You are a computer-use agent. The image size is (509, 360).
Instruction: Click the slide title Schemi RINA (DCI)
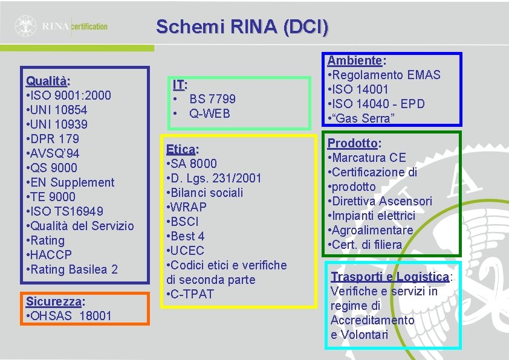pyautogui.click(x=242, y=27)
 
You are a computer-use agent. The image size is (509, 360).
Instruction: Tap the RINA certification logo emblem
pyautogui.click(x=26, y=26)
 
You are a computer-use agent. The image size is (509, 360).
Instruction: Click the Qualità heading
pyautogui.click(x=48, y=81)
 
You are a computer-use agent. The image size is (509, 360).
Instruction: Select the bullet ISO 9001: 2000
pyautogui.click(x=68, y=95)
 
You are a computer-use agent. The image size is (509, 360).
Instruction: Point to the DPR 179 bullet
pyautogui.click(x=53, y=139)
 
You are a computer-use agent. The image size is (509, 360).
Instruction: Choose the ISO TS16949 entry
pyautogui.click(x=65, y=211)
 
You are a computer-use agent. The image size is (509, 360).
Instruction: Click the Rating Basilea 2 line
pyautogui.click(x=72, y=269)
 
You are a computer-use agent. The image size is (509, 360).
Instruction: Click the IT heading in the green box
pyautogui.click(x=180, y=85)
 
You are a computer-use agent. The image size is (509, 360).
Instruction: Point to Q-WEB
pyautogui.click(x=209, y=114)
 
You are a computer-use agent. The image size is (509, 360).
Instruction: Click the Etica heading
pyautogui.click(x=182, y=149)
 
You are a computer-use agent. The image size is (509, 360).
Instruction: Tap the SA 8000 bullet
pyautogui.click(x=191, y=164)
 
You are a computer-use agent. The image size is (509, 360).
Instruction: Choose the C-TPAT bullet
pyautogui.click(x=191, y=294)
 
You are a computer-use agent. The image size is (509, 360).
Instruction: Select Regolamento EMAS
pyautogui.click(x=384, y=75)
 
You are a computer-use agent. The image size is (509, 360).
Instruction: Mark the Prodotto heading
pyautogui.click(x=354, y=143)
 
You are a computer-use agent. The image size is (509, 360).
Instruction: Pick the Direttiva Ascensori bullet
pyautogui.click(x=380, y=201)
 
